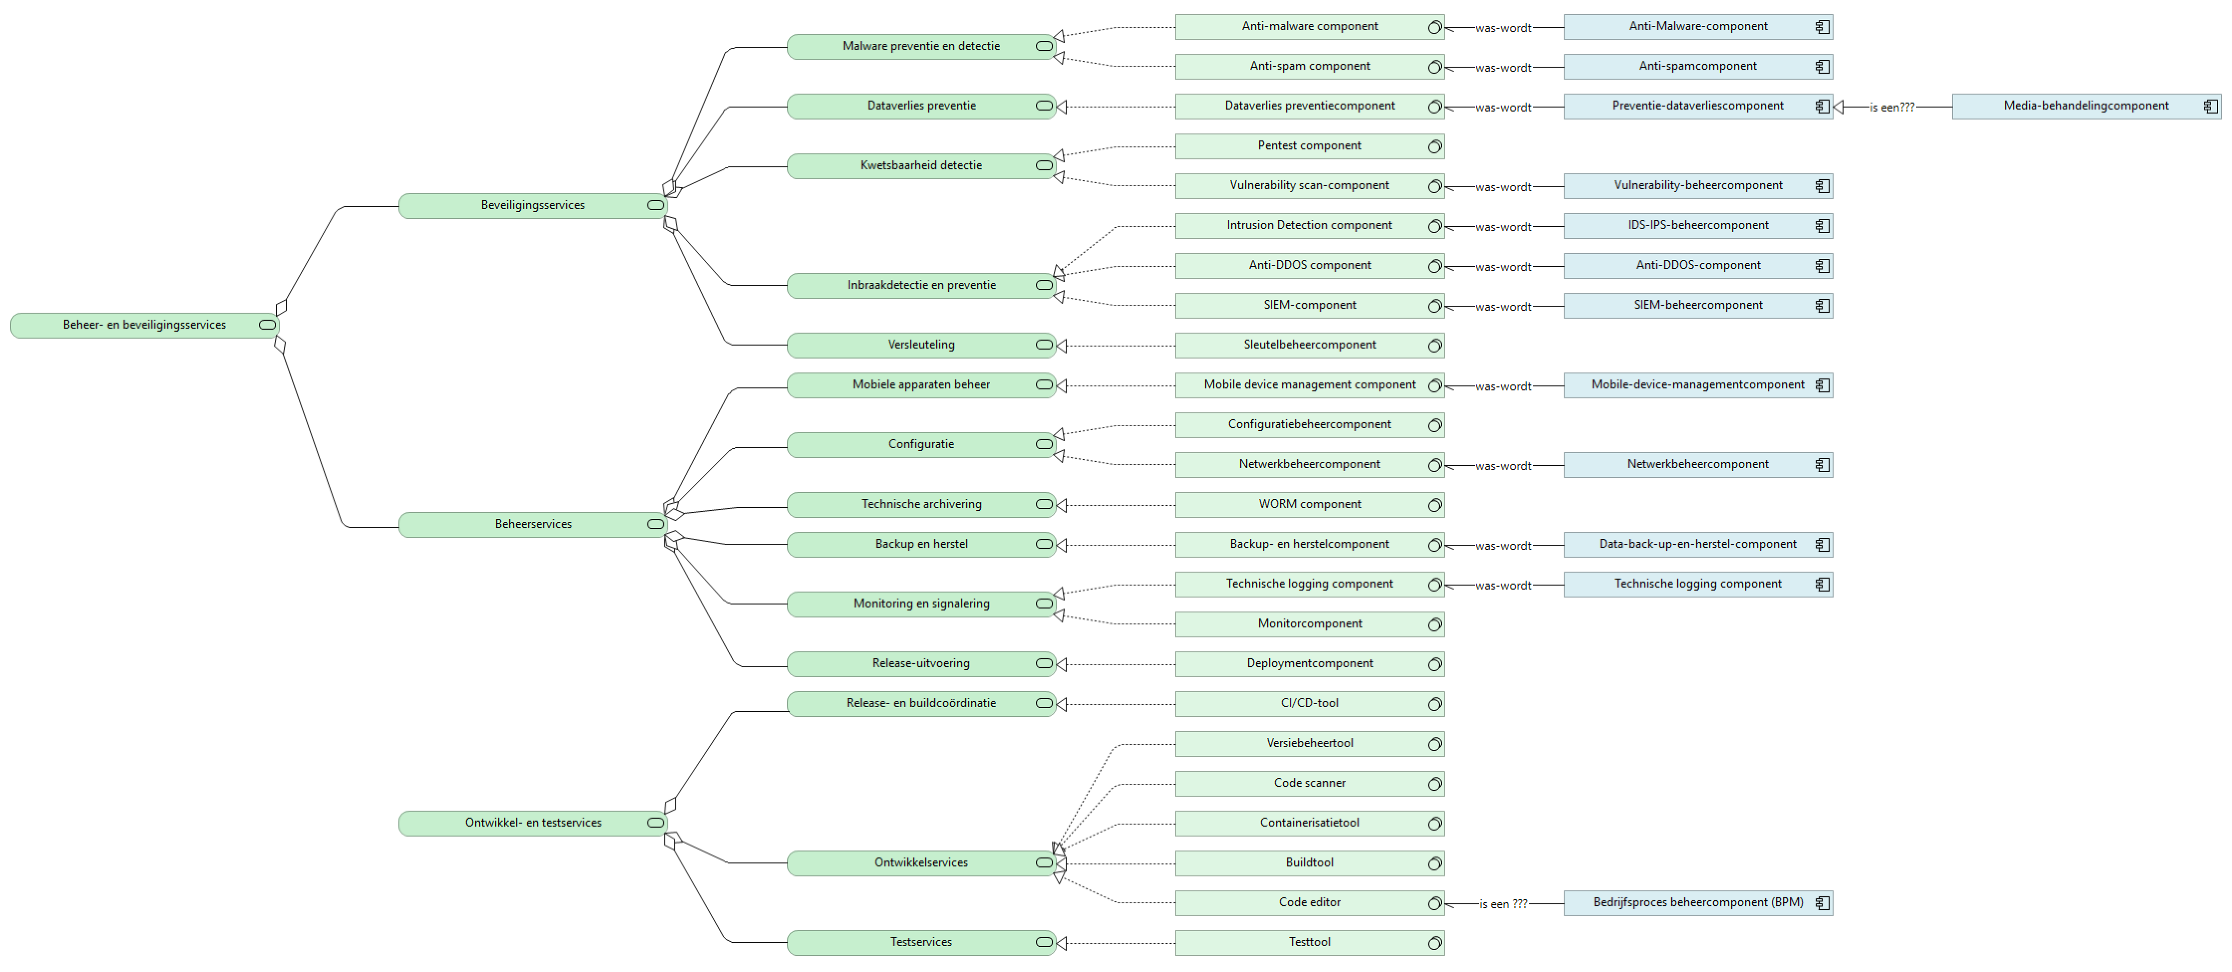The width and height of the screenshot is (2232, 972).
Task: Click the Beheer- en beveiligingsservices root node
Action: tap(144, 325)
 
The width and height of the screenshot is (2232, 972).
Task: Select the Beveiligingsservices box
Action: tap(532, 205)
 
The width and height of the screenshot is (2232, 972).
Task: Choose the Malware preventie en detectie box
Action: tap(920, 46)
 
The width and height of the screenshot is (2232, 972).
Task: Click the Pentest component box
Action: tap(1308, 145)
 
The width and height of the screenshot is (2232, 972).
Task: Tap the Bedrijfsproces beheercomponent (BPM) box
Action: tap(1697, 903)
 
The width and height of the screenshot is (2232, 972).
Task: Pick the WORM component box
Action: tap(1308, 504)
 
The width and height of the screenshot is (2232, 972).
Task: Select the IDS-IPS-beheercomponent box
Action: tap(1697, 225)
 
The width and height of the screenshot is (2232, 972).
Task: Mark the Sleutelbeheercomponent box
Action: tap(1308, 345)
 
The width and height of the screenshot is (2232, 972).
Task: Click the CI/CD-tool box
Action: tap(1308, 704)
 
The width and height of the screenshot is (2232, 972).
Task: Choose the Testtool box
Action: tap(1308, 943)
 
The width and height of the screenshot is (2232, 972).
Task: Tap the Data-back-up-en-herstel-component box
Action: tap(1697, 544)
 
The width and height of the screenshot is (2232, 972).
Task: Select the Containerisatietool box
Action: tap(1308, 823)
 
